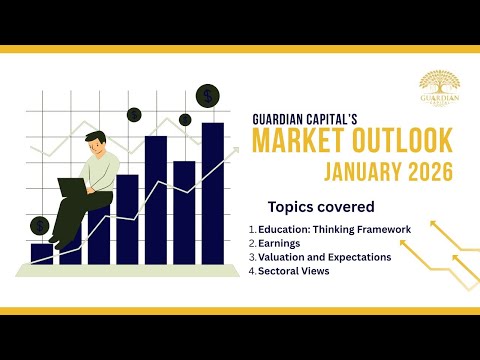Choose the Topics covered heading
coord(321,207)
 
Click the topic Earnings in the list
coord(279,243)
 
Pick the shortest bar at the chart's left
coord(41,253)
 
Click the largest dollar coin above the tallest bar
coord(208,96)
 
